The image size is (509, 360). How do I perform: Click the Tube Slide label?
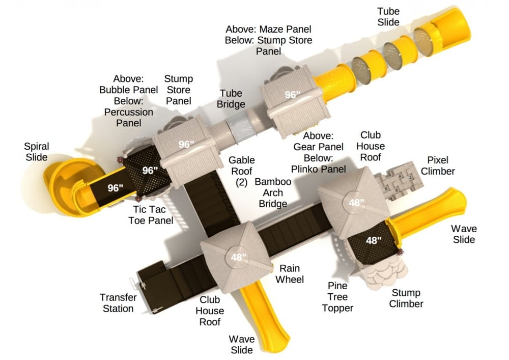coord(388,17)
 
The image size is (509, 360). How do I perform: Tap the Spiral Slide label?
coord(37,152)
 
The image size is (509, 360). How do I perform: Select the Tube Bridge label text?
coord(231,99)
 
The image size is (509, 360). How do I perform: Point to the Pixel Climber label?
coord(438,165)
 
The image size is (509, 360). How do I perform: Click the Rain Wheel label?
coord(290,273)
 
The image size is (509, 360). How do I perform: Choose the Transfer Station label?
coord(118,303)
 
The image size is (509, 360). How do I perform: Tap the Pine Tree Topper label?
coord(337,297)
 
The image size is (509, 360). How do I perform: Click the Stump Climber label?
coord(406,298)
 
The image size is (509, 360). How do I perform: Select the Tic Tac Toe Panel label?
coord(151,215)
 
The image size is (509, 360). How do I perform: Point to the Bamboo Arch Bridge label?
coord(273,192)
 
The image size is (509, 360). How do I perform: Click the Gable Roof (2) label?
coord(241,171)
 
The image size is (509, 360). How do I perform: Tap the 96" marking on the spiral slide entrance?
coord(115,188)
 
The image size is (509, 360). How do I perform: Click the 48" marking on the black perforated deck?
coord(373,240)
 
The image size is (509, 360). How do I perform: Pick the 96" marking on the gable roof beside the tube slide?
coord(293,95)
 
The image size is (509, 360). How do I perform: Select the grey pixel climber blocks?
coord(399,180)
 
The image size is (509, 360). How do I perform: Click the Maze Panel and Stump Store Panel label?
coord(268,40)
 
